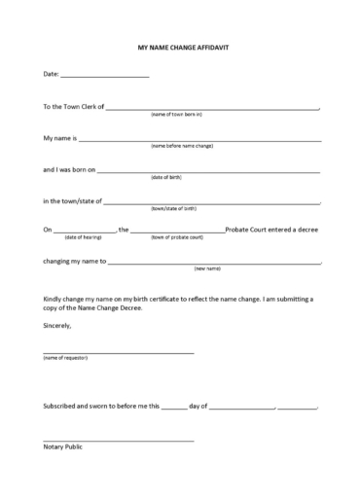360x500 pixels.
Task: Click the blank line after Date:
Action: [x=105, y=75]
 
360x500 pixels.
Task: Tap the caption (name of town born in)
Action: [x=176, y=115]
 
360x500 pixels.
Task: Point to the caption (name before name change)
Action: [x=181, y=146]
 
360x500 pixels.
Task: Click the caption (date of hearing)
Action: [x=83, y=237]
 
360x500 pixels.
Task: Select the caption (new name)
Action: [x=207, y=268]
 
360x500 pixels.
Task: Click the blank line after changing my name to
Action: [x=214, y=264]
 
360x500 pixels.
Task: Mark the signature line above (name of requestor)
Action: [x=118, y=352]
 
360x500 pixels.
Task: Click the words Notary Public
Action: [x=62, y=446]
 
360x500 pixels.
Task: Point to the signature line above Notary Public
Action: [x=118, y=440]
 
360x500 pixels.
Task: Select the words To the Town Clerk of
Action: [x=73, y=106]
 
